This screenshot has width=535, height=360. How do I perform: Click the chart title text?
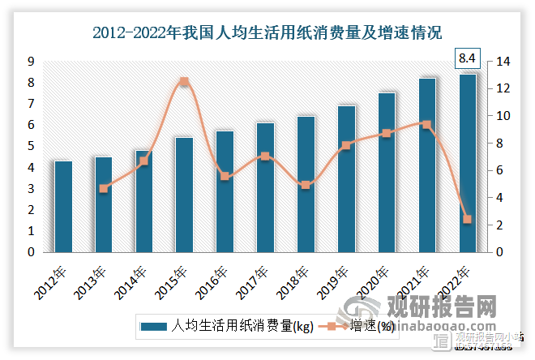(267, 33)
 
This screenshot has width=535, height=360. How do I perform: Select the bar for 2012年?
(63, 207)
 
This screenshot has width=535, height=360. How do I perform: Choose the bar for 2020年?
(387, 173)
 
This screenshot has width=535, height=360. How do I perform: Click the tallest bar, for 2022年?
(468, 163)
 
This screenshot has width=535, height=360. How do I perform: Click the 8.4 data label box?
(468, 58)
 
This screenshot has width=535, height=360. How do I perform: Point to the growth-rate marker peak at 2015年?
(184, 82)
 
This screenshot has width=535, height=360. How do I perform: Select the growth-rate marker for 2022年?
(468, 219)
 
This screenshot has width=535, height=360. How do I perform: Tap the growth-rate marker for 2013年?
(104, 188)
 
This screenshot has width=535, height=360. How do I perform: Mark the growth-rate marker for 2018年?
(306, 185)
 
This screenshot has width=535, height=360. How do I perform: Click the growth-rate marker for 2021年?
(427, 124)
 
